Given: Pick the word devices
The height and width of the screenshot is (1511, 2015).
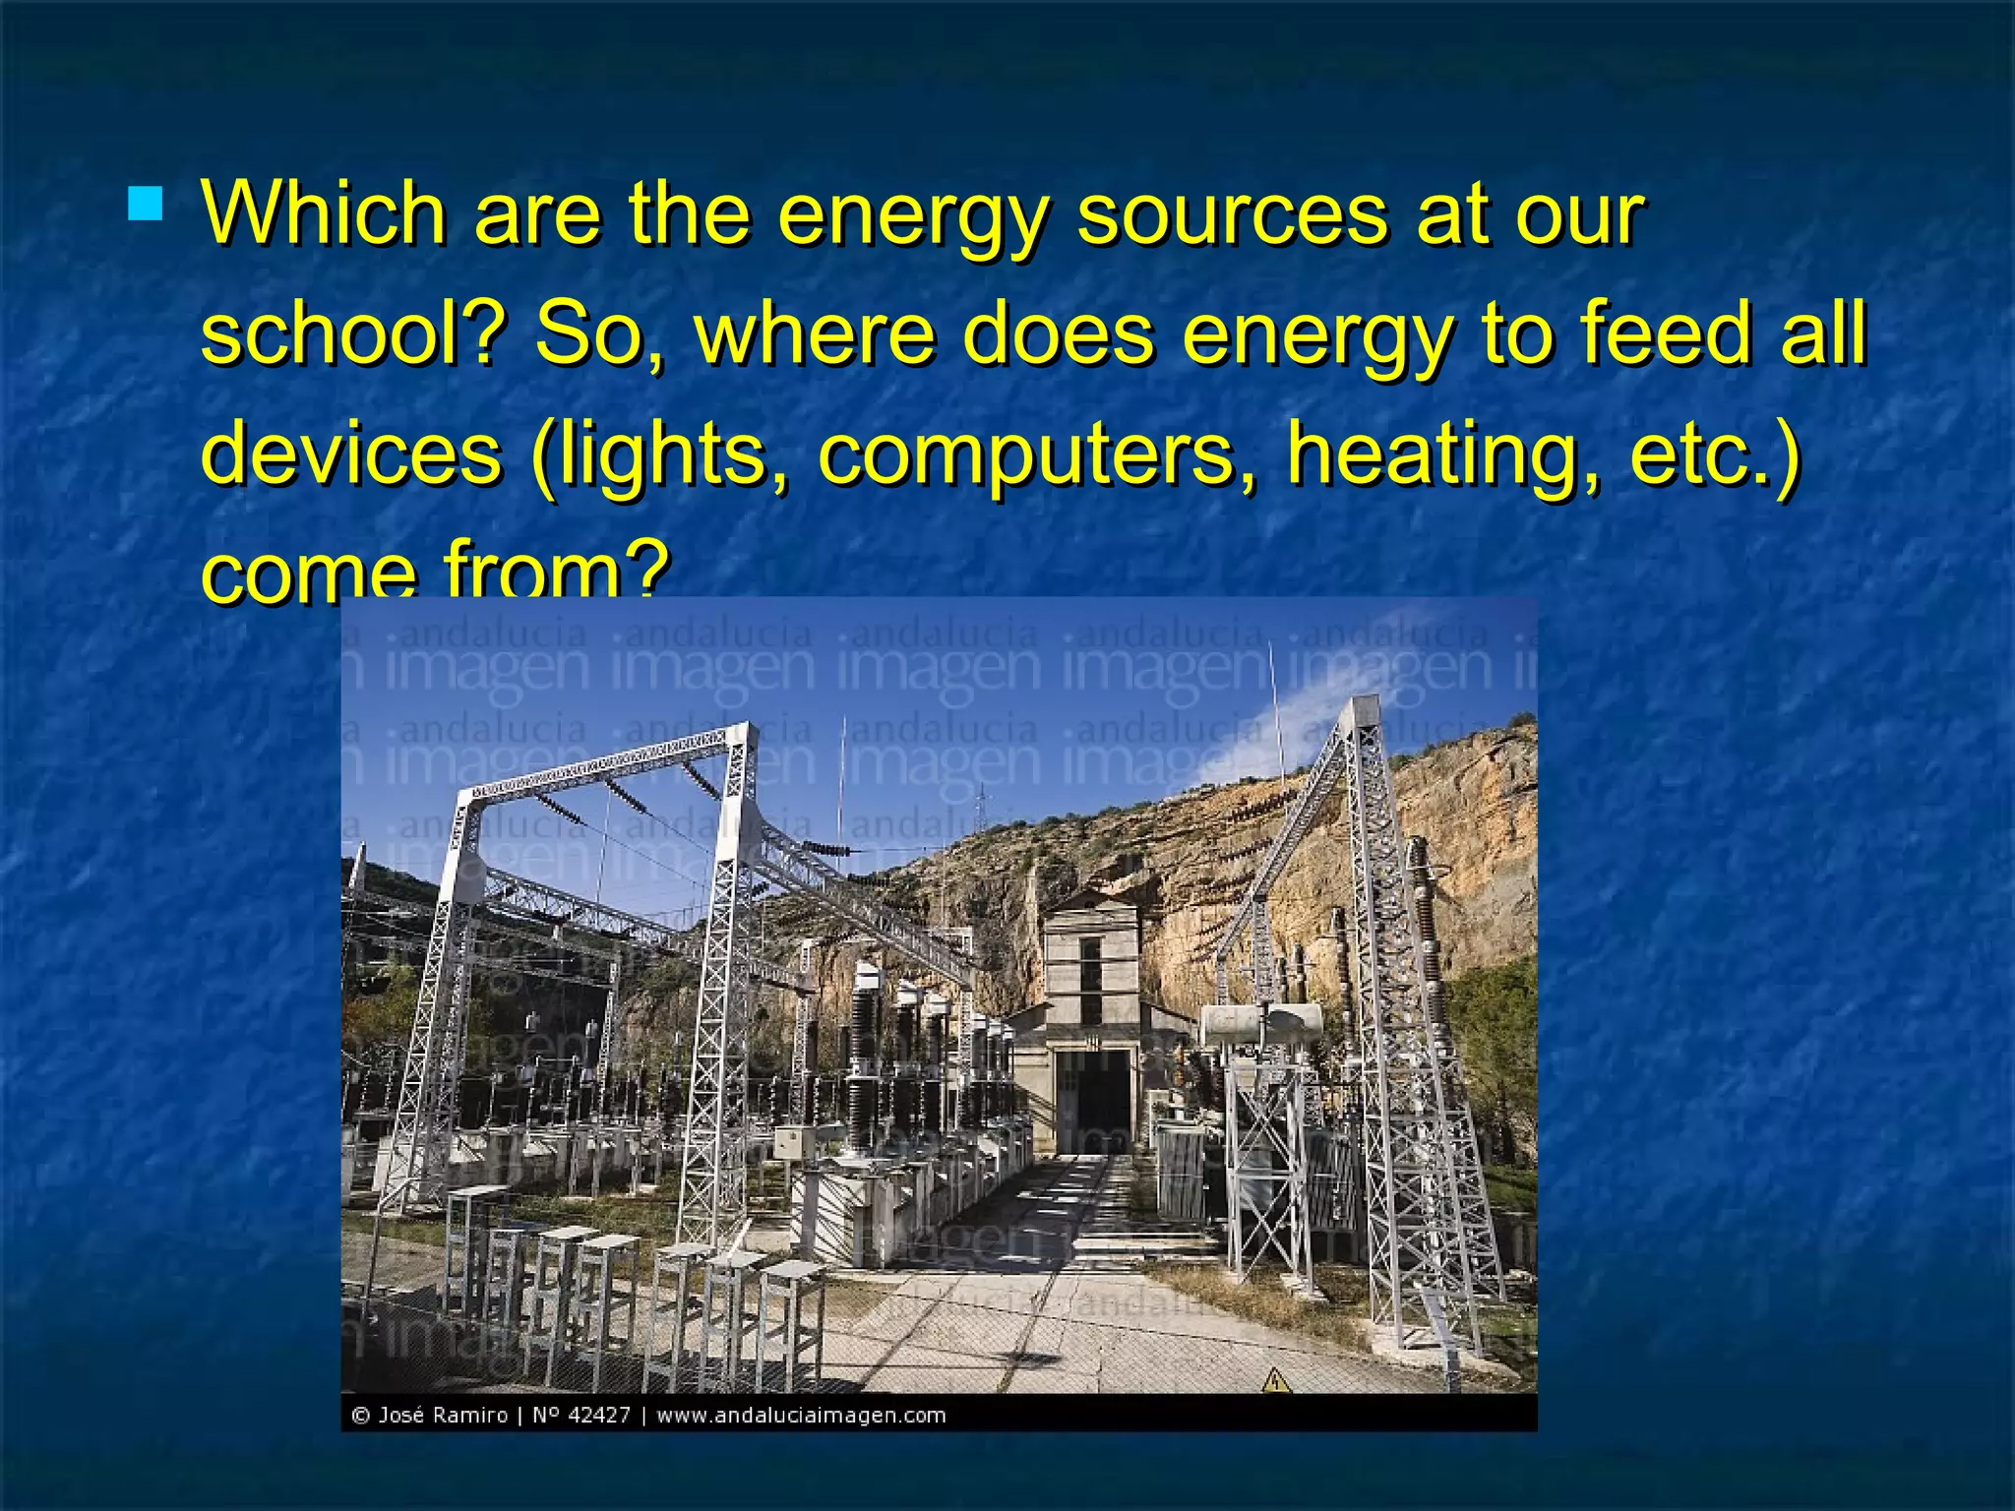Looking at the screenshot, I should click(x=351, y=453).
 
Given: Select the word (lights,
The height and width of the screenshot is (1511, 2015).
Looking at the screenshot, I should click(x=659, y=453).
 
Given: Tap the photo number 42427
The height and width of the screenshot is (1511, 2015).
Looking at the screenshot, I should click(x=599, y=1416).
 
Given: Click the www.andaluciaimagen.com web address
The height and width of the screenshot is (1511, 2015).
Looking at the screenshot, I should click(x=801, y=1416).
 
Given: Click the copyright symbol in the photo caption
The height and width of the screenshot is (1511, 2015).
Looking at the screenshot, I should click(x=361, y=1416).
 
